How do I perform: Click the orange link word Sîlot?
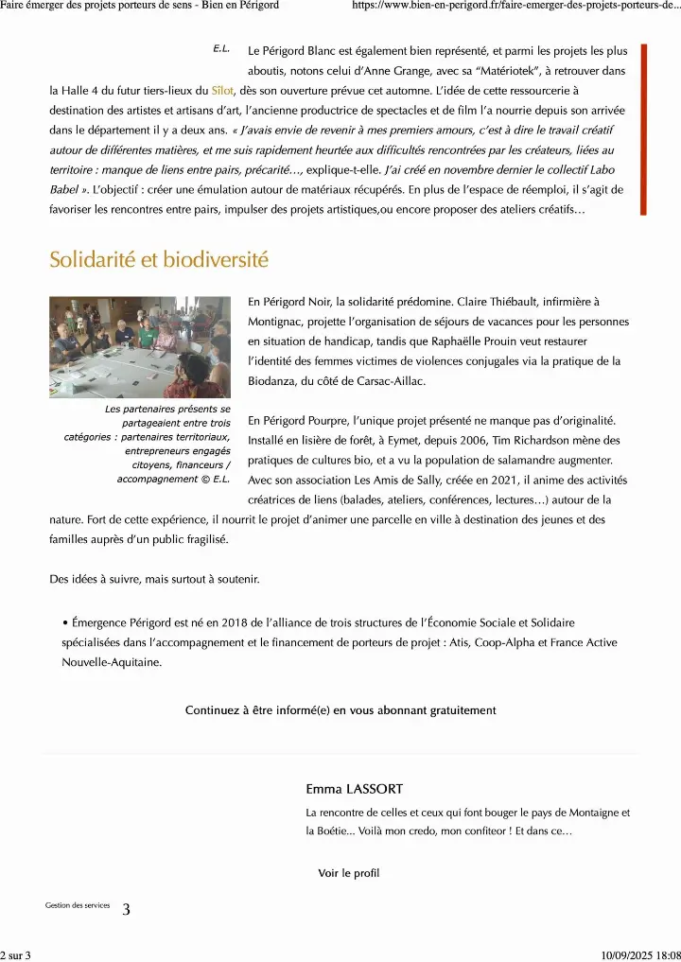click(222, 92)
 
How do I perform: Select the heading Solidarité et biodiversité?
click(159, 259)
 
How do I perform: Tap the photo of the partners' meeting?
click(140, 347)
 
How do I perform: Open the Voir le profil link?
click(348, 873)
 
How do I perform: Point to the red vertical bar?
click(644, 129)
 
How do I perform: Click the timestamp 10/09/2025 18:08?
click(640, 954)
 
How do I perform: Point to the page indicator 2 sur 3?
click(16, 954)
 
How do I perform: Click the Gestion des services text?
click(78, 905)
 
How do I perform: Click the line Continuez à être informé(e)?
click(340, 709)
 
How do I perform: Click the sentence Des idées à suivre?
click(154, 579)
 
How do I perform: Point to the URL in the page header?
click(516, 6)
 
